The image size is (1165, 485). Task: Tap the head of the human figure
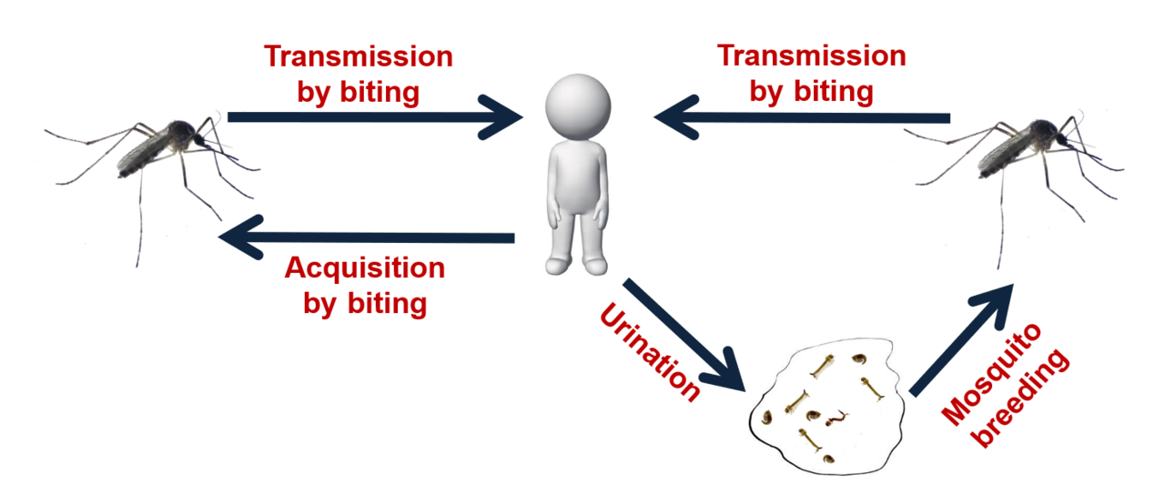coord(578,105)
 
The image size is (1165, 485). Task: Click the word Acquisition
coord(364,269)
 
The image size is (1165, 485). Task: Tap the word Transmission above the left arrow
coord(358,56)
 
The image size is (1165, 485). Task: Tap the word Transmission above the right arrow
coord(812,56)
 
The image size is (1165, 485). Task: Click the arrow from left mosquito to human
coord(373,117)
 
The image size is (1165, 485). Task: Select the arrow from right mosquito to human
coord(801,117)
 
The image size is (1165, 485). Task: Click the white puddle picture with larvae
coord(826,405)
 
